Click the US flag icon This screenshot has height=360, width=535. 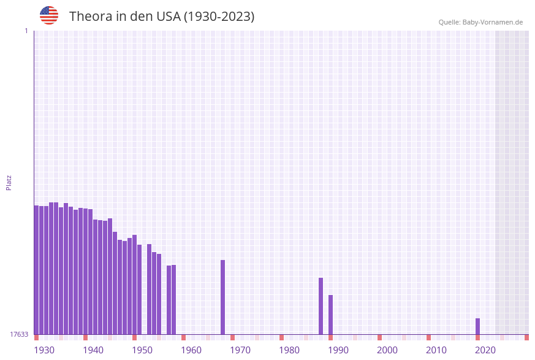click(49, 15)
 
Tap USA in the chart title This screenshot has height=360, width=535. click(169, 17)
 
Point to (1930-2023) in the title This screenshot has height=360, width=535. click(219, 17)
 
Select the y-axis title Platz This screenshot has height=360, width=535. click(9, 182)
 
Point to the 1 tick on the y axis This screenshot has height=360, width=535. click(26, 31)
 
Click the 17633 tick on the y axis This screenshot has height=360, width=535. click(19, 334)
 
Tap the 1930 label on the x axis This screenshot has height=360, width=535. click(44, 350)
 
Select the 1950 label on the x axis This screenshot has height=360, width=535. click(142, 350)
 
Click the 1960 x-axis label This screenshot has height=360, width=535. click(191, 350)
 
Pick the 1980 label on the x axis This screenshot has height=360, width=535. click(289, 350)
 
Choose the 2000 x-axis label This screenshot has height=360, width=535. click(387, 350)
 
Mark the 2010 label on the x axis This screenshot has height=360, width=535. click(436, 350)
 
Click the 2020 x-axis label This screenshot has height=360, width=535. click(485, 350)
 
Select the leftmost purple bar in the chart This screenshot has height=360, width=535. click(36, 270)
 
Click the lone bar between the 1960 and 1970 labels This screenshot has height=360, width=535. click(222, 297)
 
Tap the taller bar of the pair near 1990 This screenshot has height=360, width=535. click(321, 306)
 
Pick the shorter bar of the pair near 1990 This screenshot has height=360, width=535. click(330, 315)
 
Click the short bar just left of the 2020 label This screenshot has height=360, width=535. click(477, 326)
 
